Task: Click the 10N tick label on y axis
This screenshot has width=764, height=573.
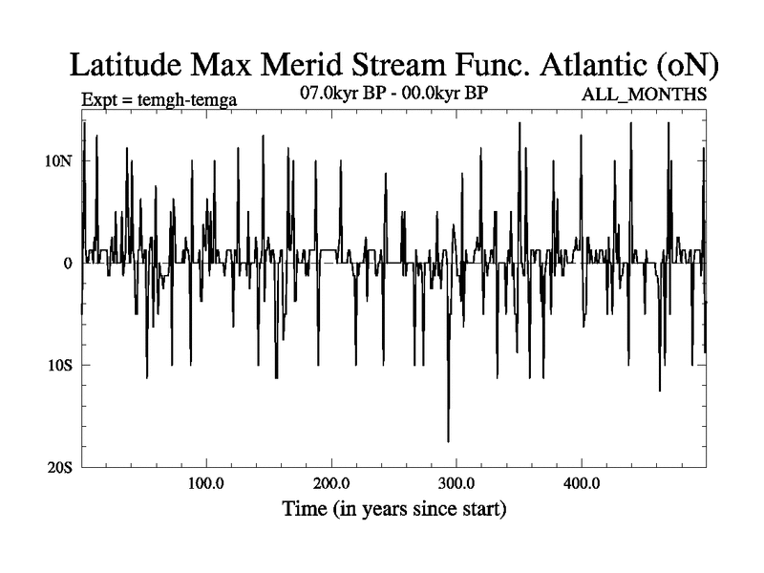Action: tap(58, 160)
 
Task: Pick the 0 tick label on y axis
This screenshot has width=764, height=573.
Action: tap(68, 263)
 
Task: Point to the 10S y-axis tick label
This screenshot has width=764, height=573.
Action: tap(59, 365)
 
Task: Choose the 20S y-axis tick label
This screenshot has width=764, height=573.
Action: tap(59, 467)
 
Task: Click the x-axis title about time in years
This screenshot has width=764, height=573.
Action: tap(393, 508)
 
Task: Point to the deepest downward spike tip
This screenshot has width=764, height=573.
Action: tap(448, 441)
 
